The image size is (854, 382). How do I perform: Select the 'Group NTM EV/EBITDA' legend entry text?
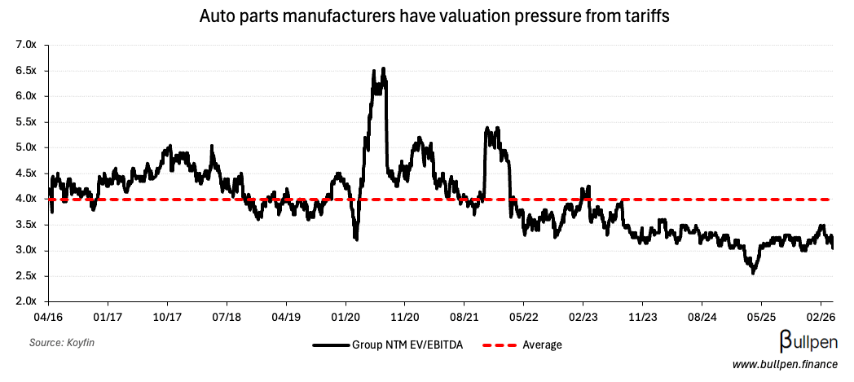tap(407, 345)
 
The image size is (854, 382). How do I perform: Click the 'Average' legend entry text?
tap(543, 345)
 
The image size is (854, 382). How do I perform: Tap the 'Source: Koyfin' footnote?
tap(62, 343)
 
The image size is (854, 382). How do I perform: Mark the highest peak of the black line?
tap(383, 68)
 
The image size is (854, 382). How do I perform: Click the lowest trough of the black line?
tap(753, 273)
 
